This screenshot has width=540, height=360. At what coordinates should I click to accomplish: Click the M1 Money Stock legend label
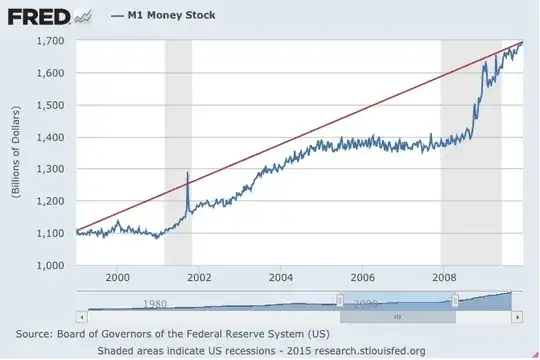pos(171,17)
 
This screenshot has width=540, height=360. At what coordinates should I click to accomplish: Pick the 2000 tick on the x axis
pos(117,277)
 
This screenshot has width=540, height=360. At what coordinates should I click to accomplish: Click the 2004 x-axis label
pos(280,277)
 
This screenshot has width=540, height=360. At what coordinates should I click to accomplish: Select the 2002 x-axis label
pos(198,277)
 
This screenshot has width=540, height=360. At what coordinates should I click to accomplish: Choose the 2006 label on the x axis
pos(362,277)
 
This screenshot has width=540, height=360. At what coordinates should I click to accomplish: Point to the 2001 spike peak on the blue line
pos(187,174)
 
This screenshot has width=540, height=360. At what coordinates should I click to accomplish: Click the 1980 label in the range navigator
pos(154,304)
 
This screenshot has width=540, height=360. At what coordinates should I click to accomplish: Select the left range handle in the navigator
pos(340,300)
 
